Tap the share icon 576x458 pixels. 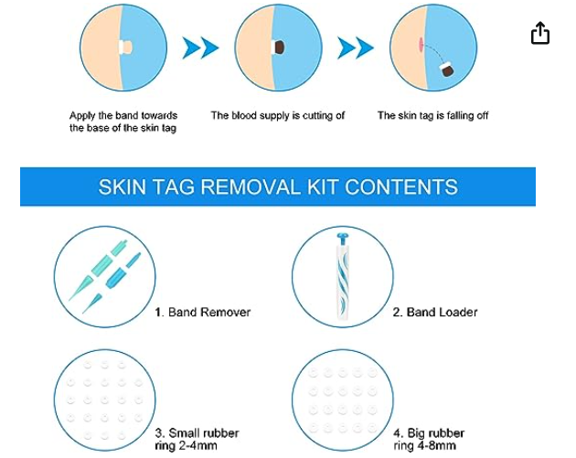(540, 33)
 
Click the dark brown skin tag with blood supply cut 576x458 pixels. (279, 47)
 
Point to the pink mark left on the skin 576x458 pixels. (421, 44)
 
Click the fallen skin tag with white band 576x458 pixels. (446, 69)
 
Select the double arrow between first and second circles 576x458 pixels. (200, 48)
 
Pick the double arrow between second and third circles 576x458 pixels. (356, 48)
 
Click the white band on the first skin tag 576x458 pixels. (122, 47)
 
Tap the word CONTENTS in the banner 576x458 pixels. (401, 186)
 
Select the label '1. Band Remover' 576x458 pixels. (203, 312)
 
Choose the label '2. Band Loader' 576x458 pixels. (435, 312)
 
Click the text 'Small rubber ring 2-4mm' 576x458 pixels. (197, 440)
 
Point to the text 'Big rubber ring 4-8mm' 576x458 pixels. (429, 440)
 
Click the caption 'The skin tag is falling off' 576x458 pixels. (432, 116)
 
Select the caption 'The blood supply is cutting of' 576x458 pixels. (278, 116)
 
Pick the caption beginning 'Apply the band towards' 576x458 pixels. (123, 122)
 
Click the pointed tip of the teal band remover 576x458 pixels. (69, 300)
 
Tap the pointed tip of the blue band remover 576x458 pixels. (83, 313)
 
